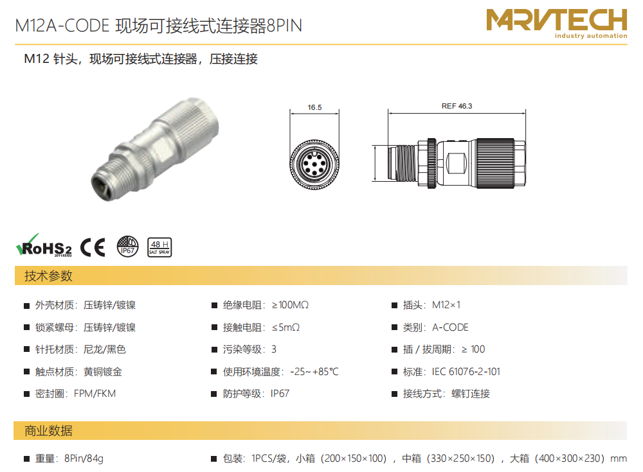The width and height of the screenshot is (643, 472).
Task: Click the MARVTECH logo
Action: point(556,23)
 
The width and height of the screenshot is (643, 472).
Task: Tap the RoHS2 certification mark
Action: point(44,246)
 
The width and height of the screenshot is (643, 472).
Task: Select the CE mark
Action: point(93,247)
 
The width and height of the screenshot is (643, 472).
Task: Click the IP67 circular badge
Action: point(127,247)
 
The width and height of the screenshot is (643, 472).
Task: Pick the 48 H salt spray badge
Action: point(159,247)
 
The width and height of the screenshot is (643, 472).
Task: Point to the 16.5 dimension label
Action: point(314,107)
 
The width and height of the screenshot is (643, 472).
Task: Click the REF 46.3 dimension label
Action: point(457,106)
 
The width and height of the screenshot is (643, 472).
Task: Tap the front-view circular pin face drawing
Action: point(314,164)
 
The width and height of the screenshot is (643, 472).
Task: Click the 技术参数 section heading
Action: point(48,275)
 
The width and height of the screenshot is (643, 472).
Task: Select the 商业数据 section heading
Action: point(48,431)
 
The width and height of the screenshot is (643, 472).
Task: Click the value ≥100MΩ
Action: point(291,305)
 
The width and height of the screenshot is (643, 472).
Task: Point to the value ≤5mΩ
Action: point(286,328)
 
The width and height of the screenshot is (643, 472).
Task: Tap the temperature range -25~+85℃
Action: point(314,372)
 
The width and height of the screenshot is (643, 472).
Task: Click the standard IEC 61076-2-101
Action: point(466,372)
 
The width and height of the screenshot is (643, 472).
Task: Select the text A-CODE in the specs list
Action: point(450,328)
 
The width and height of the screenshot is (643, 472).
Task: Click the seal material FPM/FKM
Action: point(95,394)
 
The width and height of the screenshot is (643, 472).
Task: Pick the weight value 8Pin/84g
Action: point(84,459)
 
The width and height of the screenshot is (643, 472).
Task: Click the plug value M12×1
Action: point(446,305)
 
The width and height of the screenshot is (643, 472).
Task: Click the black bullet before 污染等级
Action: point(214,349)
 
